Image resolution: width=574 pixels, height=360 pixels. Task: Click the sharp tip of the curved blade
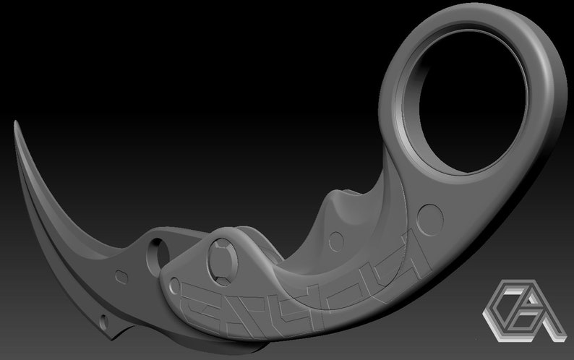tap(16, 124)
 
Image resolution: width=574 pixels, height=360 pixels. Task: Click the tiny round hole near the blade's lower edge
tap(106, 319)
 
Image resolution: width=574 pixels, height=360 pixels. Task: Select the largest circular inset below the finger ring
tap(431, 215)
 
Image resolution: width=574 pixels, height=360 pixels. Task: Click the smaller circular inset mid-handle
tap(333, 239)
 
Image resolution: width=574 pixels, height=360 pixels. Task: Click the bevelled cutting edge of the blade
tap(51, 217)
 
